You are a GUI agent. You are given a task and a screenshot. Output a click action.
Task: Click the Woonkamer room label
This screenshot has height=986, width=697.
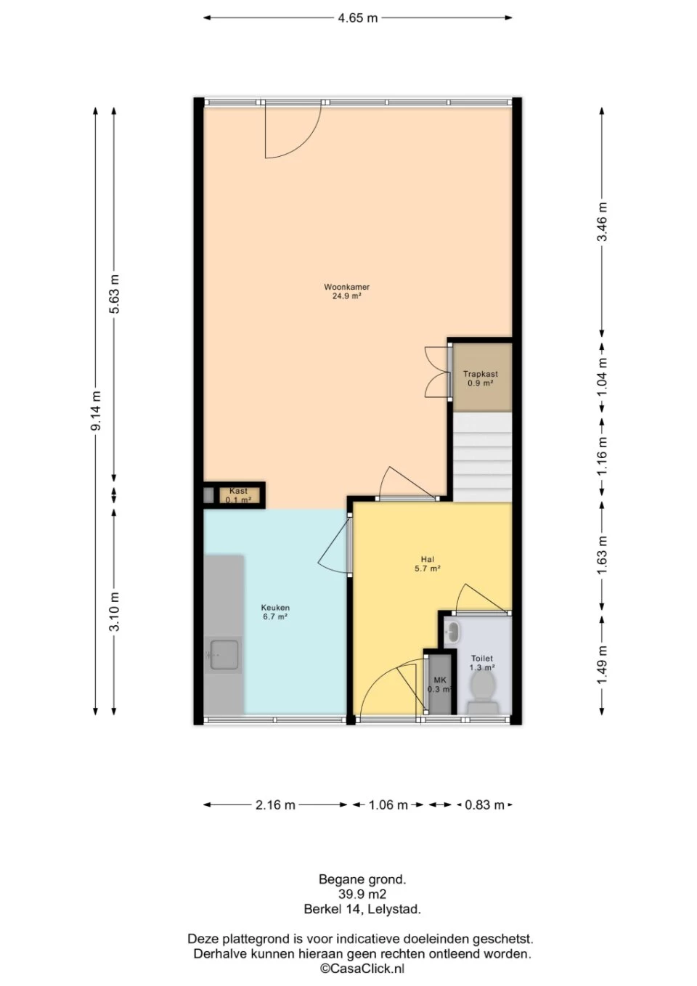[x=347, y=287]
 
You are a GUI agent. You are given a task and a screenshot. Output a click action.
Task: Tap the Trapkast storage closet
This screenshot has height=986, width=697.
[x=483, y=378]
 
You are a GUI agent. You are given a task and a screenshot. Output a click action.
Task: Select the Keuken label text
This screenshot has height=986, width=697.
[x=275, y=608]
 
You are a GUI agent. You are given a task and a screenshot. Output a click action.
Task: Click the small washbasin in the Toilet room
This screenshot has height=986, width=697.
[x=452, y=632]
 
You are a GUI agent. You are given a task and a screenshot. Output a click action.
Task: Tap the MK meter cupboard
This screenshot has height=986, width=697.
[x=440, y=685]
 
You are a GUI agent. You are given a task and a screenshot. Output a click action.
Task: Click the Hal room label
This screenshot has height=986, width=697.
[x=427, y=559]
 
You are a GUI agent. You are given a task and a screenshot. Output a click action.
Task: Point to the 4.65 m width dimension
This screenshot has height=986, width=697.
[x=358, y=18]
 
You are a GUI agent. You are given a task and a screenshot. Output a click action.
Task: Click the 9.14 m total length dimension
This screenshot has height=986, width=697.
[x=96, y=411]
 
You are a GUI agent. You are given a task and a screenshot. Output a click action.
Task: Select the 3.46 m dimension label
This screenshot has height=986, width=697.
[x=602, y=222]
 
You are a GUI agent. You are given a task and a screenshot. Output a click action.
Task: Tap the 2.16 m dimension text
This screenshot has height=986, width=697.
[x=275, y=805]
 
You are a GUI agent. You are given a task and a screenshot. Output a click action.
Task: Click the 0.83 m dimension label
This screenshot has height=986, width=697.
[x=484, y=805]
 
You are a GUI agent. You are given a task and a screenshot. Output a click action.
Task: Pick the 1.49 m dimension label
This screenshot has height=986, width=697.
[x=602, y=664]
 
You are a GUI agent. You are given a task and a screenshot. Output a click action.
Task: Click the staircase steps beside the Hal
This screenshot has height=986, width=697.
[x=483, y=457]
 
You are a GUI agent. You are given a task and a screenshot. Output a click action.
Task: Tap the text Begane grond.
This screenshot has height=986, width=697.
[x=362, y=880]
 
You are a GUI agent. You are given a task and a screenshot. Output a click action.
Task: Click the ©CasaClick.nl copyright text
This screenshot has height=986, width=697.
[x=362, y=969]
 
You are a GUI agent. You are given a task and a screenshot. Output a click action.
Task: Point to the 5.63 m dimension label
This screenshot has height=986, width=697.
[x=115, y=294]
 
